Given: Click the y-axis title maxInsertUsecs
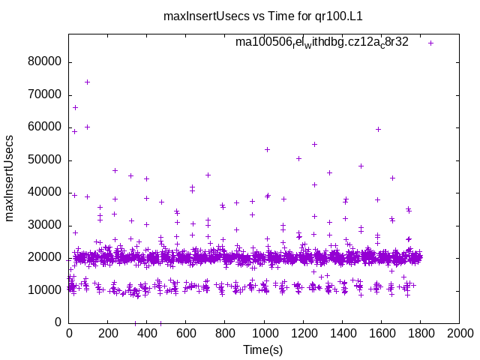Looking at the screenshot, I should [10, 178].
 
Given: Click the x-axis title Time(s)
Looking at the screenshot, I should [263, 349].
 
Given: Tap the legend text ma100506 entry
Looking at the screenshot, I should [322, 42].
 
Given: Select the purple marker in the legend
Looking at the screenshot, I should [430, 43].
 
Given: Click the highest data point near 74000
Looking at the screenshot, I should [87, 82].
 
